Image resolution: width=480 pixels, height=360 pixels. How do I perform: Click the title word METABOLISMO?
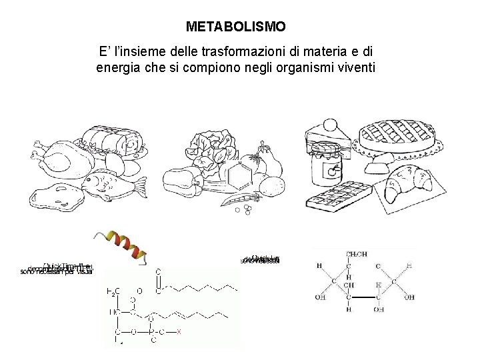[236, 27]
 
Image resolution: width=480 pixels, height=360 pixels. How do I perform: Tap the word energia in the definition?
[118, 67]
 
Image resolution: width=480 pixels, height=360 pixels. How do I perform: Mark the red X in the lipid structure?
[178, 331]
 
